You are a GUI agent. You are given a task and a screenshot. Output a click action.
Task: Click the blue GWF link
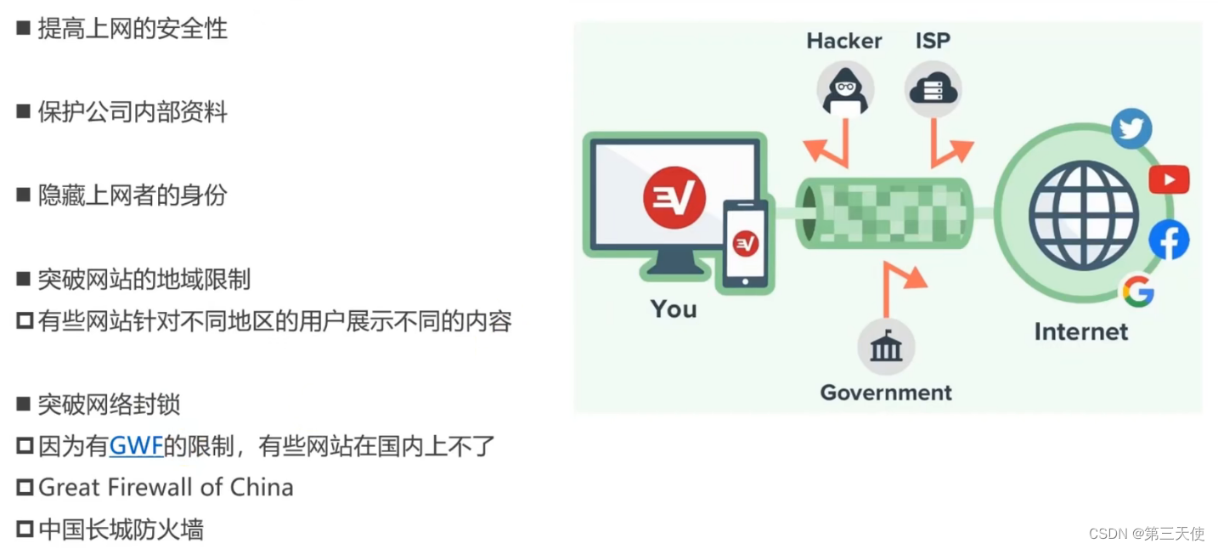tap(136, 445)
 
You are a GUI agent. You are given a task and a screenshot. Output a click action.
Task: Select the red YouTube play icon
tap(1169, 179)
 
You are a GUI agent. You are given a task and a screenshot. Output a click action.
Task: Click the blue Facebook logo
tap(1169, 241)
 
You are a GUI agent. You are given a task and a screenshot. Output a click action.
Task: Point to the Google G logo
tap(1137, 291)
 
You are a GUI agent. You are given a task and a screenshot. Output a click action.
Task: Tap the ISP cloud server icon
tap(932, 88)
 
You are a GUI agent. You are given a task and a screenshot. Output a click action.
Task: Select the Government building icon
tap(885, 348)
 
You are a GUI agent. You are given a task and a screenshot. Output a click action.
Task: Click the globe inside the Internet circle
tap(1083, 215)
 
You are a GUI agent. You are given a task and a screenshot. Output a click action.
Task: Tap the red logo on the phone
tap(745, 244)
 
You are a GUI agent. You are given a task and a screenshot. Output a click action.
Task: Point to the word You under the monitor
tap(674, 309)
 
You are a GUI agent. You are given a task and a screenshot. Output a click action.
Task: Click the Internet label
tap(1080, 331)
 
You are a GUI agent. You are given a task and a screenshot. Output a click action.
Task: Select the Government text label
tap(885, 393)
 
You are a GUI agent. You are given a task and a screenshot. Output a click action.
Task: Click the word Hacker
tap(843, 41)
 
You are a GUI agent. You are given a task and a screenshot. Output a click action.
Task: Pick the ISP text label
tap(933, 41)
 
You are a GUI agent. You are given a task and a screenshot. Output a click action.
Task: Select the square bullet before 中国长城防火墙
tap(25, 529)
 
